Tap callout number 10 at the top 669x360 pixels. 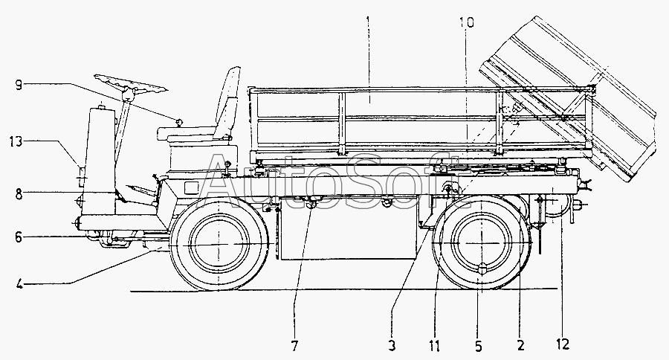[466, 23]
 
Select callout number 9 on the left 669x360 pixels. [19, 84]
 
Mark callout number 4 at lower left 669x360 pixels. [19, 283]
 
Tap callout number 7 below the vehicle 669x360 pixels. [294, 346]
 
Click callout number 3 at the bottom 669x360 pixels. [391, 346]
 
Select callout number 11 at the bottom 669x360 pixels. [434, 346]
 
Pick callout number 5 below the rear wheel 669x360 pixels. [479, 346]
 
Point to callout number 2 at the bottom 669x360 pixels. [520, 346]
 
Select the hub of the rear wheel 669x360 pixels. [480, 245]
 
